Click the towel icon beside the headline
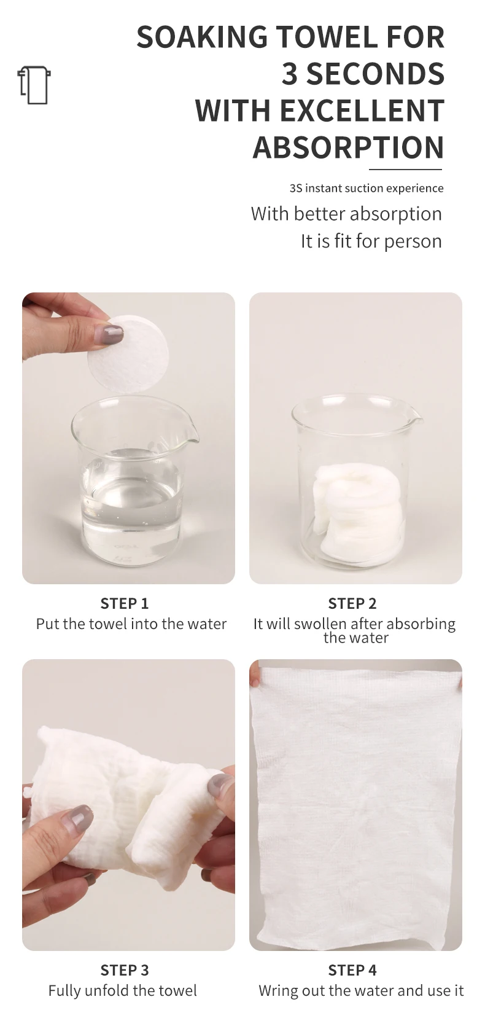pos(34,85)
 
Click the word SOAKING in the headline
pos(202,37)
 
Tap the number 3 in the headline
pos(290,74)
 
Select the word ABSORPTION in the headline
pos(349,147)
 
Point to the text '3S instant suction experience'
pos(367,189)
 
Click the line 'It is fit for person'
pos(371,241)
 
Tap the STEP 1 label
pos(125,604)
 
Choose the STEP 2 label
pos(352,604)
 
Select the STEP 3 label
pos(125,970)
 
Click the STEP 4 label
pos(352,970)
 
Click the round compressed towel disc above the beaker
pos(128,353)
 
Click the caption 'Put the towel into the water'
pos(131,624)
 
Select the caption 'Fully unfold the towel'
pos(123,991)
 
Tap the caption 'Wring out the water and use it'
pos(361,991)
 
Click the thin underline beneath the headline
pos(406,170)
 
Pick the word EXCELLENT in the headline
pos(362,111)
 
